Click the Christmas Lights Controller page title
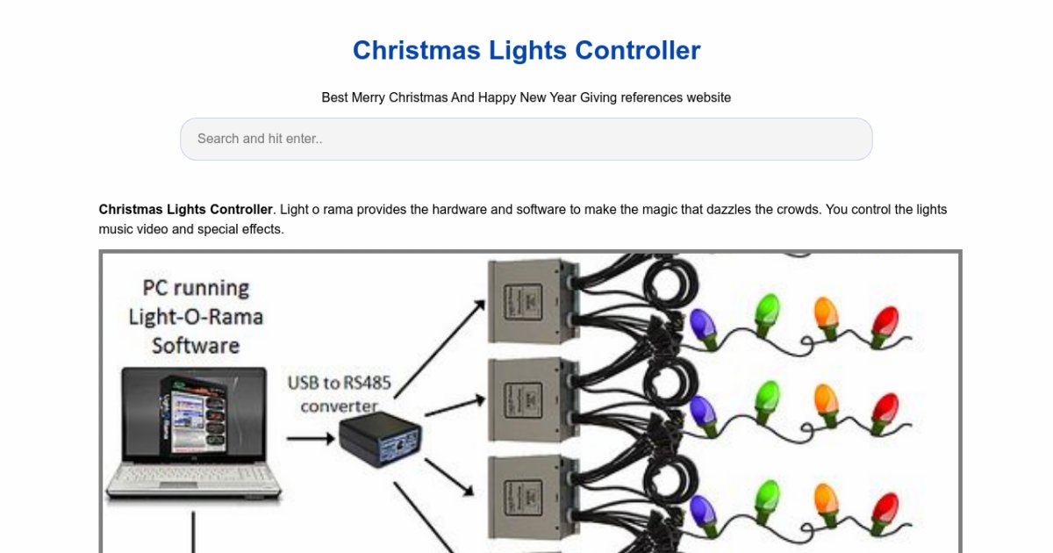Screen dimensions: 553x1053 point(526,50)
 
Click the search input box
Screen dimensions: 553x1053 point(526,139)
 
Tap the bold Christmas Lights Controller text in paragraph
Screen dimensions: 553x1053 point(185,210)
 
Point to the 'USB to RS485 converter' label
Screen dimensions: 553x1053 point(339,394)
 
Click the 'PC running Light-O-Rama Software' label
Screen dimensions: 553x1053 point(196,316)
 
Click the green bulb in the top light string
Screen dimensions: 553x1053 point(766,312)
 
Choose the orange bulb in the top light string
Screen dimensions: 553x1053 point(826,314)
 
